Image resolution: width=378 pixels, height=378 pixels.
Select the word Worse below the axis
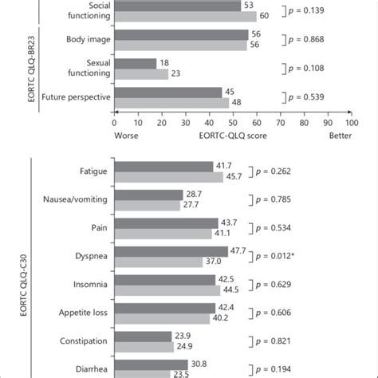[x=128, y=136]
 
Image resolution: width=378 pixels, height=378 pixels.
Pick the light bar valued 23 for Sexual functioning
[x=141, y=74]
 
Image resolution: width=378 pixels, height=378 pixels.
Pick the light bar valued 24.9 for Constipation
[x=143, y=346]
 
